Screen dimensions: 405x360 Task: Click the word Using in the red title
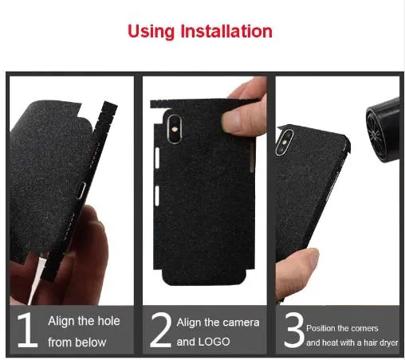tap(151, 32)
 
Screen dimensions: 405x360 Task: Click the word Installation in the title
tap(226, 31)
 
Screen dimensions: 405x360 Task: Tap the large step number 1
tap(28, 330)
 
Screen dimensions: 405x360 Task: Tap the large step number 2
tap(161, 330)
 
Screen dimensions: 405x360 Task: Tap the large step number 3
tap(294, 330)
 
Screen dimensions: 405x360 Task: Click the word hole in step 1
tap(108, 321)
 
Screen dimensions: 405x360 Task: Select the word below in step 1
tap(90, 342)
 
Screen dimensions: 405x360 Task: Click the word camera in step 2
tap(242, 323)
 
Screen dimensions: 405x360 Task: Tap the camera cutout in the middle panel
tap(175, 129)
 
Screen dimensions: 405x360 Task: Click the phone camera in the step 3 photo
tap(284, 143)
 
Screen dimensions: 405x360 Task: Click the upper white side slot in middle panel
tap(157, 158)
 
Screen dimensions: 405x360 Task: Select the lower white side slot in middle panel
tap(157, 195)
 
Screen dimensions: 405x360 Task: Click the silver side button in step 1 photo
tap(81, 190)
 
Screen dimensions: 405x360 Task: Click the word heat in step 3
tap(328, 342)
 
